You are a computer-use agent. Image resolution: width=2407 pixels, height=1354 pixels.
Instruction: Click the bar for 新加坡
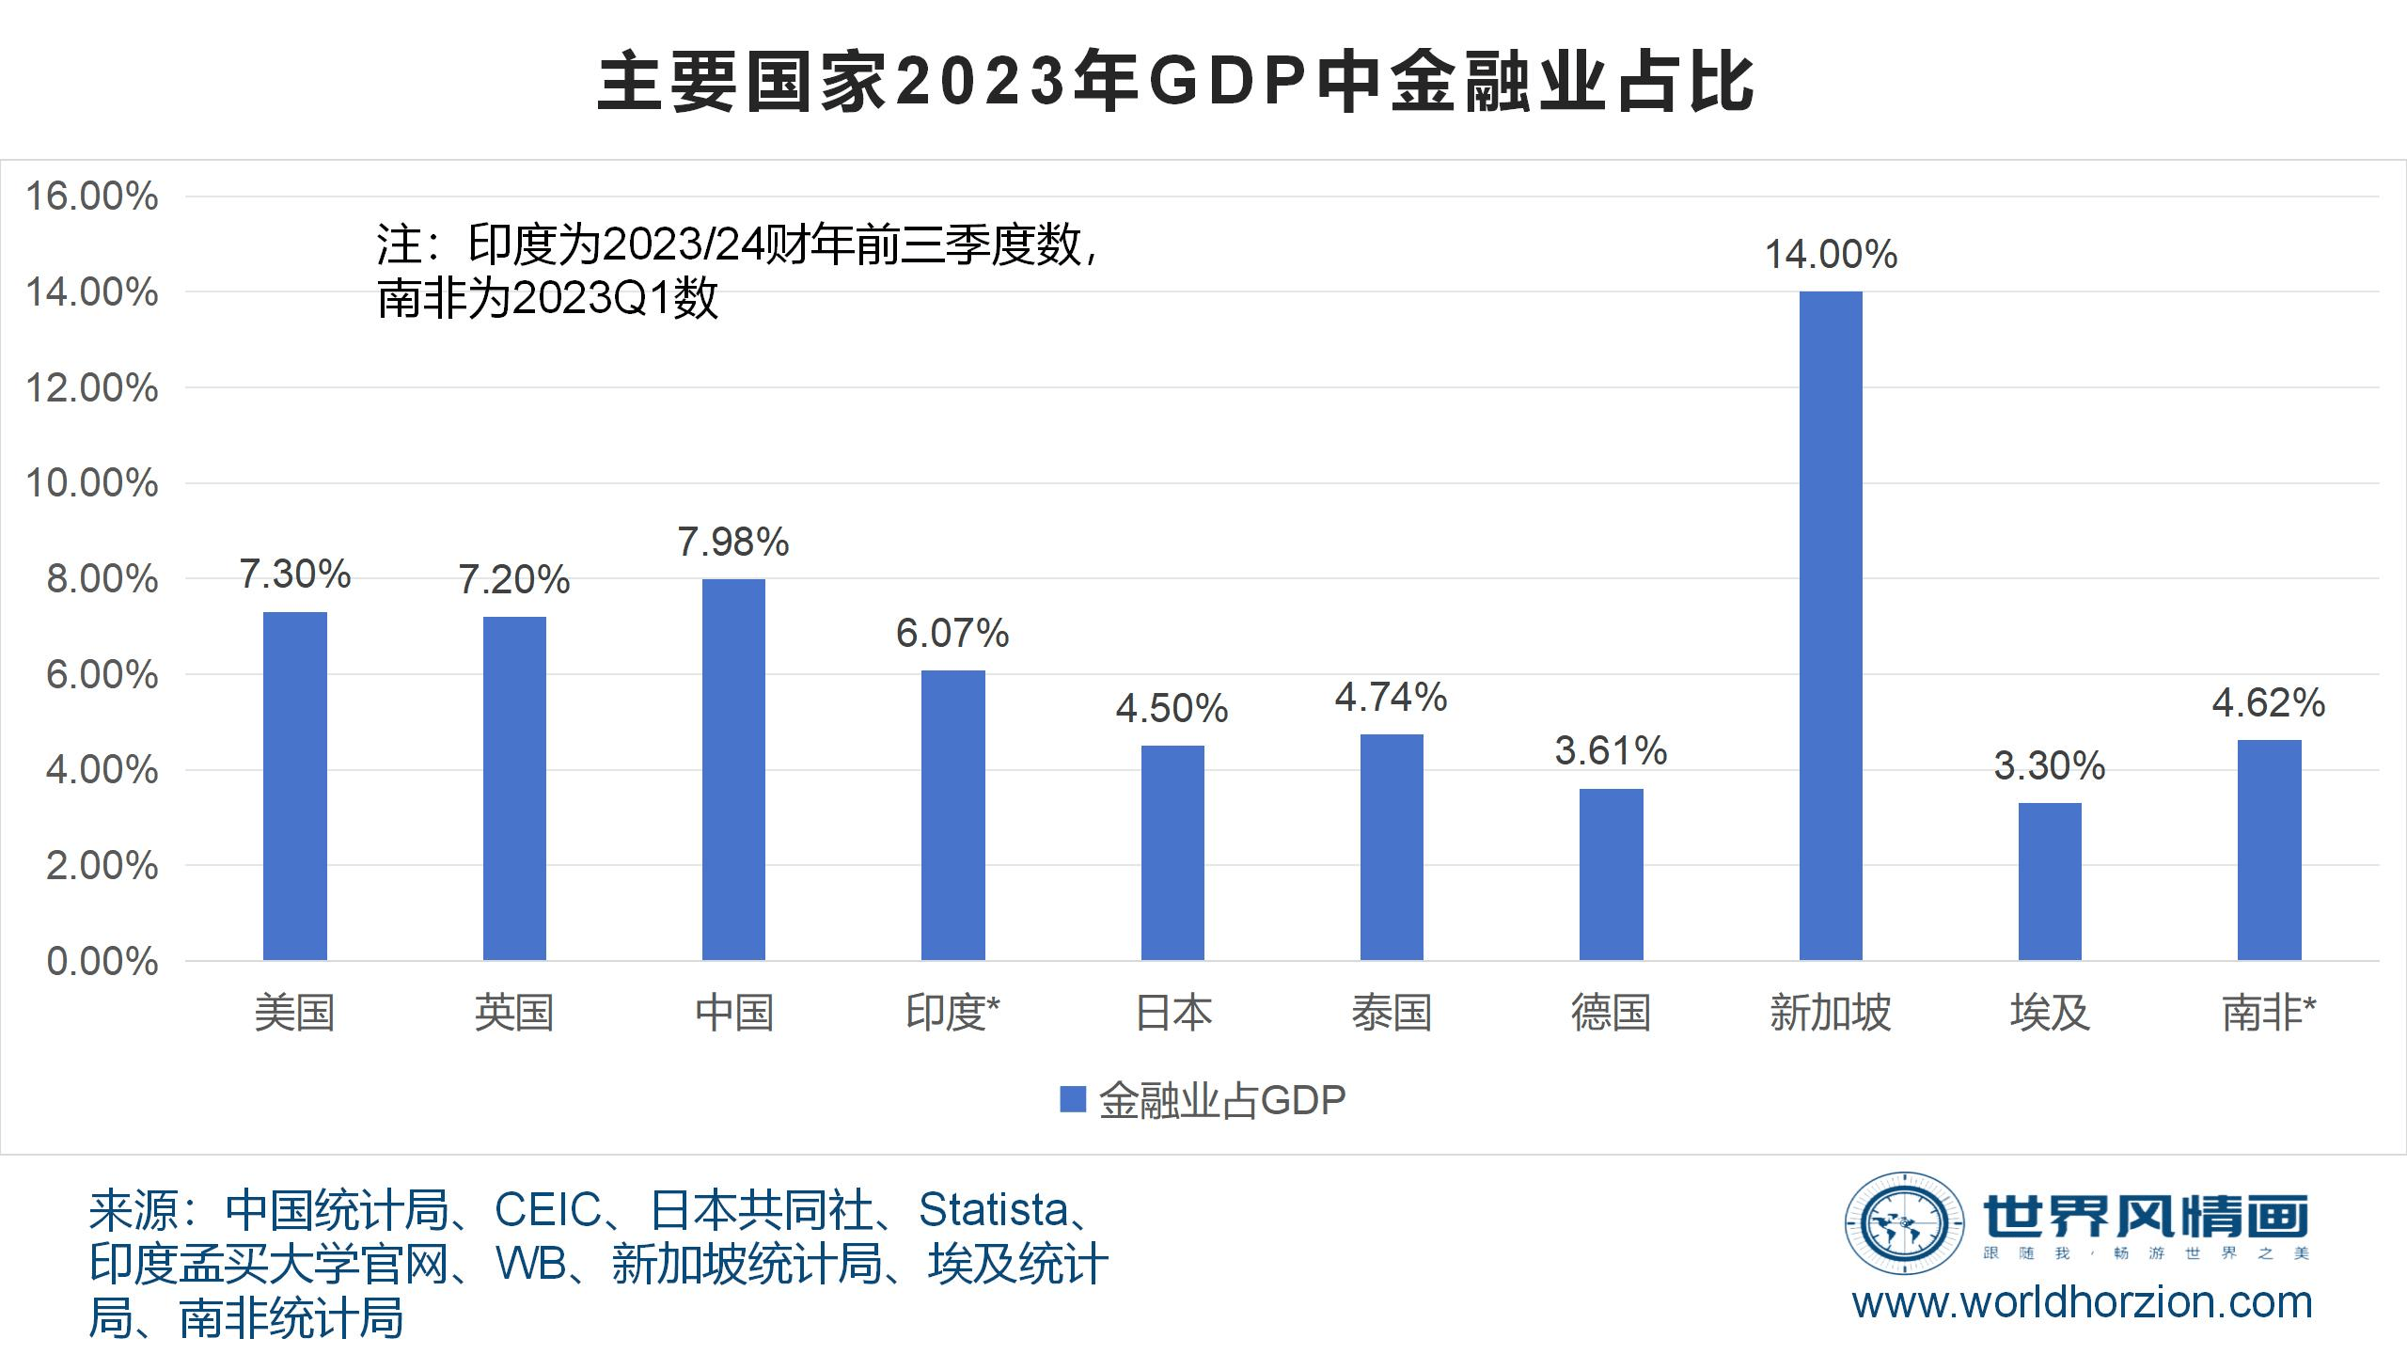[1830, 625]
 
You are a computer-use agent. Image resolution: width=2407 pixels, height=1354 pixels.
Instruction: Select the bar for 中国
[733, 769]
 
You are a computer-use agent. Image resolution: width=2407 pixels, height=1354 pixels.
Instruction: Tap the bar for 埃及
[2050, 881]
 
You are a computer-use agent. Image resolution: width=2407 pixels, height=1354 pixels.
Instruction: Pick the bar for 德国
[1611, 874]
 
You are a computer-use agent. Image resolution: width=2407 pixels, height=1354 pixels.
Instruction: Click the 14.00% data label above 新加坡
[1831, 256]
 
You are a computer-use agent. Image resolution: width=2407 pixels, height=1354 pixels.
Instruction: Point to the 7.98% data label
[733, 543]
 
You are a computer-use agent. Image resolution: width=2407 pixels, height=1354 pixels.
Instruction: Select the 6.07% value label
[952, 634]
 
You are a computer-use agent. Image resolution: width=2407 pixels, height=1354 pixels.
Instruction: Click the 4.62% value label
[2268, 703]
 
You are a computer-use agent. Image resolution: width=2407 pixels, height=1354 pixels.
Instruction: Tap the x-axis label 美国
[294, 1013]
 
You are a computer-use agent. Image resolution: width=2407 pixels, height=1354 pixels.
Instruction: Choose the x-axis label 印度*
[952, 1013]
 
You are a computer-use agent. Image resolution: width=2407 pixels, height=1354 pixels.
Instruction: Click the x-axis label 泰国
[1392, 1013]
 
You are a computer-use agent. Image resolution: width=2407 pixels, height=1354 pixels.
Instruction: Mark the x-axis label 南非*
[2268, 1013]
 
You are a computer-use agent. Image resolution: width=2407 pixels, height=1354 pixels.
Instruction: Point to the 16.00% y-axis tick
[92, 197]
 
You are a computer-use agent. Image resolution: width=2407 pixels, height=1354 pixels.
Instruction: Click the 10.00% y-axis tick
[92, 484]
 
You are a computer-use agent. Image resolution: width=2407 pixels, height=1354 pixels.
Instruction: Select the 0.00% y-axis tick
[102, 962]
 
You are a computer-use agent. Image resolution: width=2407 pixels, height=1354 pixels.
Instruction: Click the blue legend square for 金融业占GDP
[1073, 1099]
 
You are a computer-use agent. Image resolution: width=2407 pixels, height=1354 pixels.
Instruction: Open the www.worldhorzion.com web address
[2082, 1303]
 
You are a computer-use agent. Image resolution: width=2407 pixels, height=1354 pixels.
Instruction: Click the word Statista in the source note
[994, 1210]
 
